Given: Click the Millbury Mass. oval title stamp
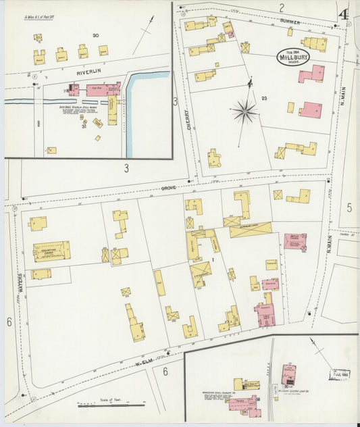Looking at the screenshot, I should point(293,57).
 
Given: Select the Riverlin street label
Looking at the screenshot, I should point(88,71).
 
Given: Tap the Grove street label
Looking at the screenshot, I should point(169,189).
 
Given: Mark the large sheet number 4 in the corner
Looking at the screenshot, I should point(344,13).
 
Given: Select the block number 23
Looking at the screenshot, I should point(265,99).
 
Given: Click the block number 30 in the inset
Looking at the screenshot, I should point(96,35).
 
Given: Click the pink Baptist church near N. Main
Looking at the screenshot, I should point(295,241).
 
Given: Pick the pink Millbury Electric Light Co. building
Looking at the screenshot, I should point(288,373).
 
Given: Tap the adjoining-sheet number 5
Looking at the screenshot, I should point(350,207).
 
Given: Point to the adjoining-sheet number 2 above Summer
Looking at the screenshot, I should point(281,7).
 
